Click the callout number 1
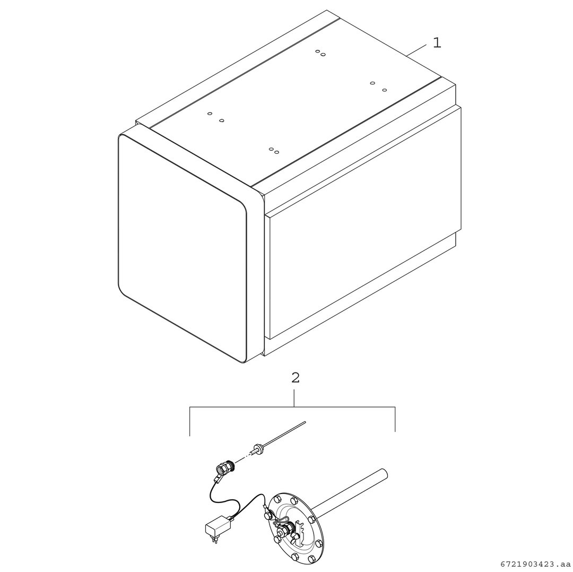pyautogui.click(x=437, y=43)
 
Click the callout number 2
pyautogui.click(x=296, y=378)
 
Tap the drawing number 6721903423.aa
pyautogui.click(x=535, y=564)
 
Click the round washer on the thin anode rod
pyautogui.click(x=259, y=447)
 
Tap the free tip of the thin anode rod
pyautogui.click(x=305, y=422)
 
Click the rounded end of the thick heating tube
pyautogui.click(x=384, y=473)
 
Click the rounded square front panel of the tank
pyautogui.click(x=183, y=248)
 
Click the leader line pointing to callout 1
pyautogui.click(x=416, y=50)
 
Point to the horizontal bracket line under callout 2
pyautogui.click(x=292, y=407)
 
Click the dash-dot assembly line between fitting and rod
pyautogui.click(x=244, y=457)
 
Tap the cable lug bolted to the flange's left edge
pyautogui.click(x=266, y=515)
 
